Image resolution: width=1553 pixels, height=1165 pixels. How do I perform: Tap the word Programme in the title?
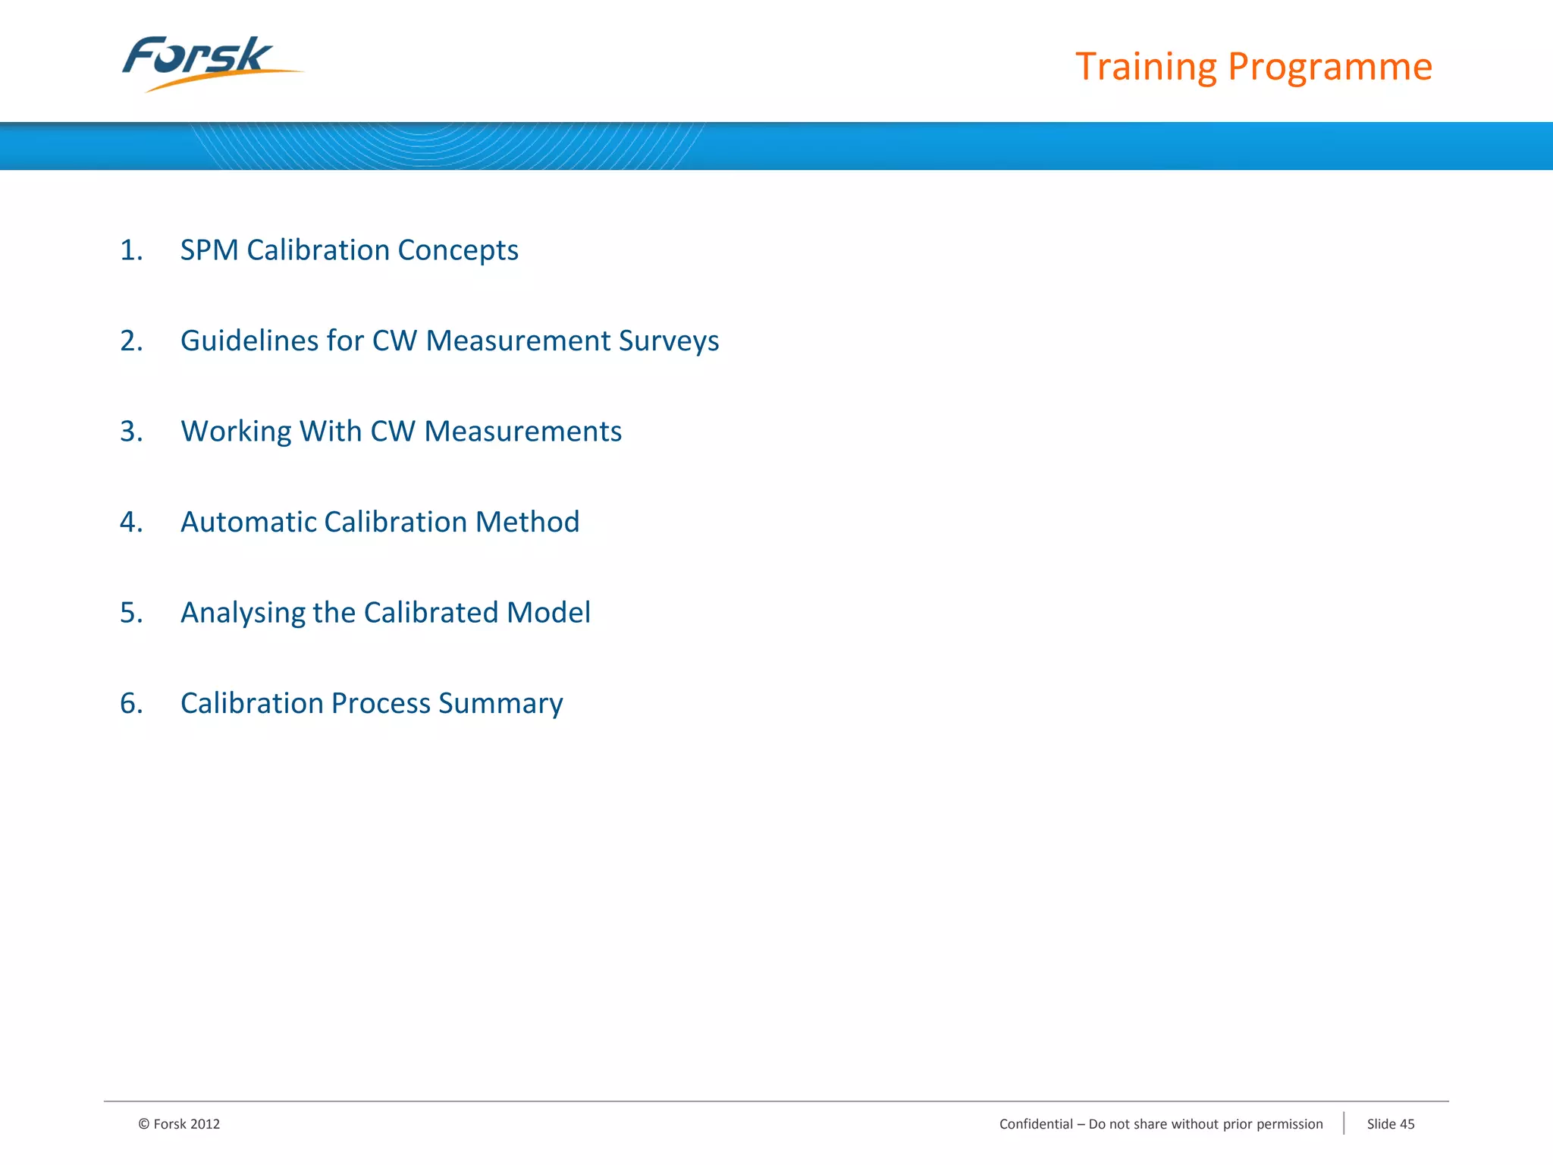(x=1329, y=67)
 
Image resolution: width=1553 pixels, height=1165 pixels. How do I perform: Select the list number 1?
(x=130, y=250)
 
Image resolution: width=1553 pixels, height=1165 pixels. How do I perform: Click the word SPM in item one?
(x=209, y=250)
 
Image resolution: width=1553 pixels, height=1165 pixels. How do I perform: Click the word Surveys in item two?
(x=668, y=341)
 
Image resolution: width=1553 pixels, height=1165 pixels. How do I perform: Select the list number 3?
(x=130, y=432)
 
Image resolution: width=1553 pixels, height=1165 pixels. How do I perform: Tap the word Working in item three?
(x=236, y=432)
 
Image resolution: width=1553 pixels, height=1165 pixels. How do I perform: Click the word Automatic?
(x=248, y=522)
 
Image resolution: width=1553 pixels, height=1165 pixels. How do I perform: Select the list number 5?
(x=130, y=613)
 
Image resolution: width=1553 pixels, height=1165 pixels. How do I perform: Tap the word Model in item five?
(x=548, y=613)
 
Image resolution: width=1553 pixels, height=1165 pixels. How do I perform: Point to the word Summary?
(x=500, y=703)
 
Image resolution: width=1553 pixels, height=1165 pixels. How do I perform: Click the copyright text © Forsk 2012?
(x=179, y=1124)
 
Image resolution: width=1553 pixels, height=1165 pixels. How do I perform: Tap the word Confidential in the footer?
(x=1036, y=1124)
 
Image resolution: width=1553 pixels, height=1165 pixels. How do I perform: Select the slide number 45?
(x=1407, y=1124)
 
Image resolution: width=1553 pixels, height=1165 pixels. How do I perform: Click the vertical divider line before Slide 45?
(x=1344, y=1123)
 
